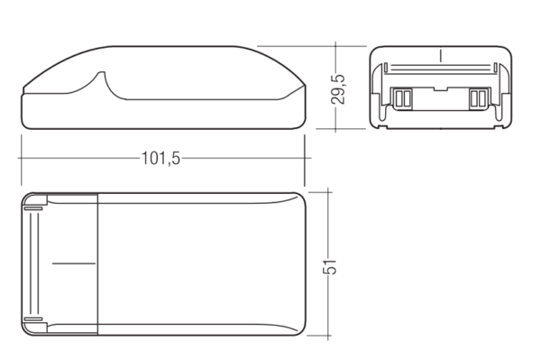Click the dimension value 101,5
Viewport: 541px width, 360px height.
[160, 159]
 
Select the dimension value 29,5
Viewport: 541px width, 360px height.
[337, 89]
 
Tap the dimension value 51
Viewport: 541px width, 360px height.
[329, 266]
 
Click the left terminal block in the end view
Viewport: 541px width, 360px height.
[403, 98]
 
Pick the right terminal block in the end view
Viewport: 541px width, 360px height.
[478, 98]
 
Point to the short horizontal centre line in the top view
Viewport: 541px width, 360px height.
[74, 263]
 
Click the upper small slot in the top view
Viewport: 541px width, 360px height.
[33, 208]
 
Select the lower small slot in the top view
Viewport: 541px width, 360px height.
[33, 319]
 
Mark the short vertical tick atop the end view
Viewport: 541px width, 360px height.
[440, 56]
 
